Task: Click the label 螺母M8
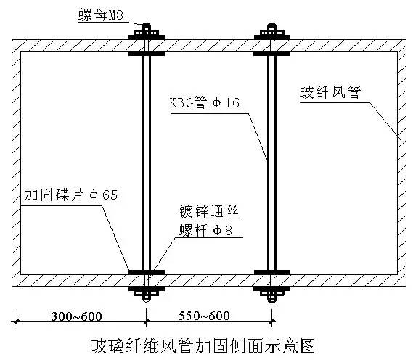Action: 101,15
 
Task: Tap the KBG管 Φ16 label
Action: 205,103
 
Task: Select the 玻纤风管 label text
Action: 330,92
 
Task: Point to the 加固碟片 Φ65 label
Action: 71,195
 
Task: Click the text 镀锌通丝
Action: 209,211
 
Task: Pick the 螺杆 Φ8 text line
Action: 205,230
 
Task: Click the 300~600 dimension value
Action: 76,316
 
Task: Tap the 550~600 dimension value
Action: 204,316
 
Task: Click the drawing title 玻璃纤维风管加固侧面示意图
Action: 203,345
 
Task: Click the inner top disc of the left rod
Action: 147,54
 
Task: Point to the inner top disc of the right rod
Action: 272,54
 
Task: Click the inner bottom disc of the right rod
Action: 272,272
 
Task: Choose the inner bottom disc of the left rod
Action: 147,272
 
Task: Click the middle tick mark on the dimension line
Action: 147,321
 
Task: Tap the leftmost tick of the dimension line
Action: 17,322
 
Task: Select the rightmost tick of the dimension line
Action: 272,321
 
